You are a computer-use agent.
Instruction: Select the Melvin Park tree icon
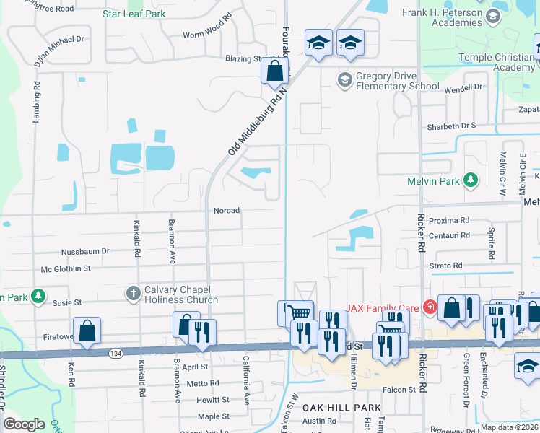click(471, 179)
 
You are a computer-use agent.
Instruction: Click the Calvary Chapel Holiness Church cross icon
click(133, 293)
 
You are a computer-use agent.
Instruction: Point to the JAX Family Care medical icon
click(430, 307)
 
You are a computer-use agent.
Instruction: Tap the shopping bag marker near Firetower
click(87, 331)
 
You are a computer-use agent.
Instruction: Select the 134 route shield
click(116, 354)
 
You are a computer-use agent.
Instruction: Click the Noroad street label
click(226, 211)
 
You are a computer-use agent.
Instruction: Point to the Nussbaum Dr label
click(85, 251)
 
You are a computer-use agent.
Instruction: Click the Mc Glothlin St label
click(66, 268)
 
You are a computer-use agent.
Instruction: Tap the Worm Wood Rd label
click(207, 35)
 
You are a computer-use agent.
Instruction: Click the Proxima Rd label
click(449, 220)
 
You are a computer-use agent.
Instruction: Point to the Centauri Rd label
click(449, 235)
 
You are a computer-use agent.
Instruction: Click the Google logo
click(25, 424)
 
